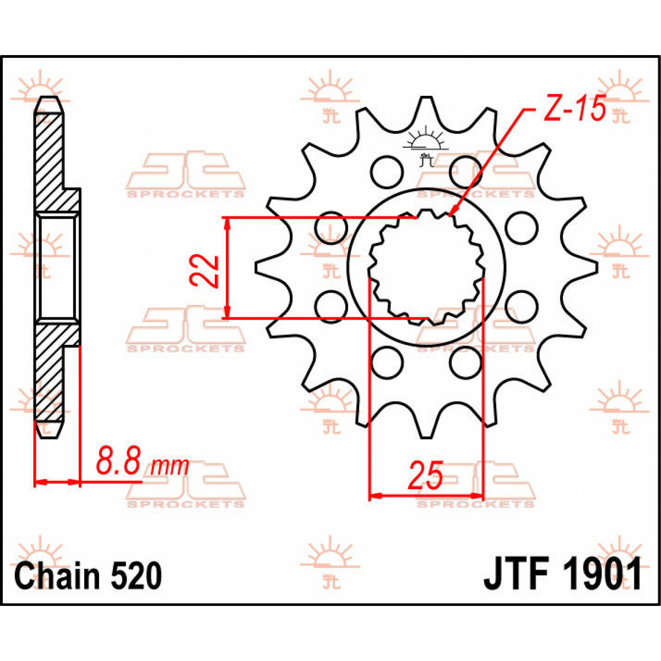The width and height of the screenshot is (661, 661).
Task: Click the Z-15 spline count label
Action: click(x=575, y=109)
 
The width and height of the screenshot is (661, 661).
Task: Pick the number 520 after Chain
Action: click(x=136, y=576)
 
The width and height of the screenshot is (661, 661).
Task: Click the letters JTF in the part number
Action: click(x=516, y=575)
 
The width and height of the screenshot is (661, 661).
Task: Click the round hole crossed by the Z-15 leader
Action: click(x=465, y=172)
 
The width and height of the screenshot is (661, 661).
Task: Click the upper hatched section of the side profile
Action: click(x=50, y=154)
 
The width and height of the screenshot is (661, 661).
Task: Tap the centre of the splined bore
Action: click(x=426, y=267)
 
